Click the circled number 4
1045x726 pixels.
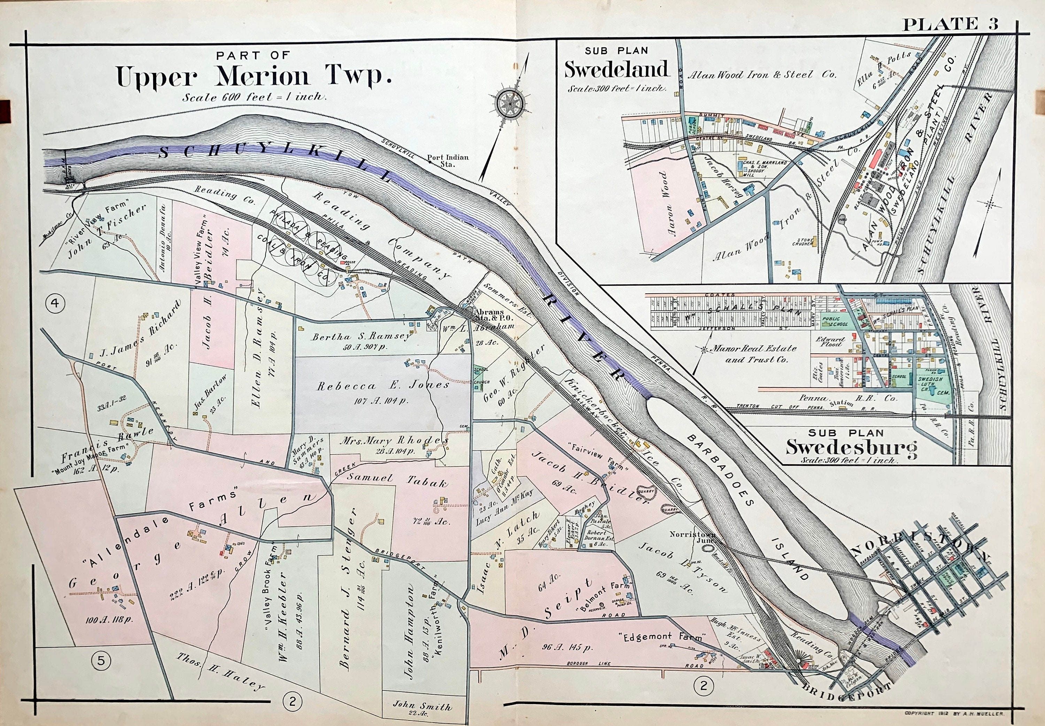coord(55,303)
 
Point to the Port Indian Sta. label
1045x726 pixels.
coord(448,161)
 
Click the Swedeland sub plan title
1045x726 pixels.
coord(616,69)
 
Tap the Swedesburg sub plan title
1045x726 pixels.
coord(851,447)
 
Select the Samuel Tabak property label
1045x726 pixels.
coord(397,480)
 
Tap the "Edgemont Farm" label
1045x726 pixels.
coord(661,636)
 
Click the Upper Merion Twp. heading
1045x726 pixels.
coord(253,76)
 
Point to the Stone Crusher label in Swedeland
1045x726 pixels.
coord(802,241)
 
